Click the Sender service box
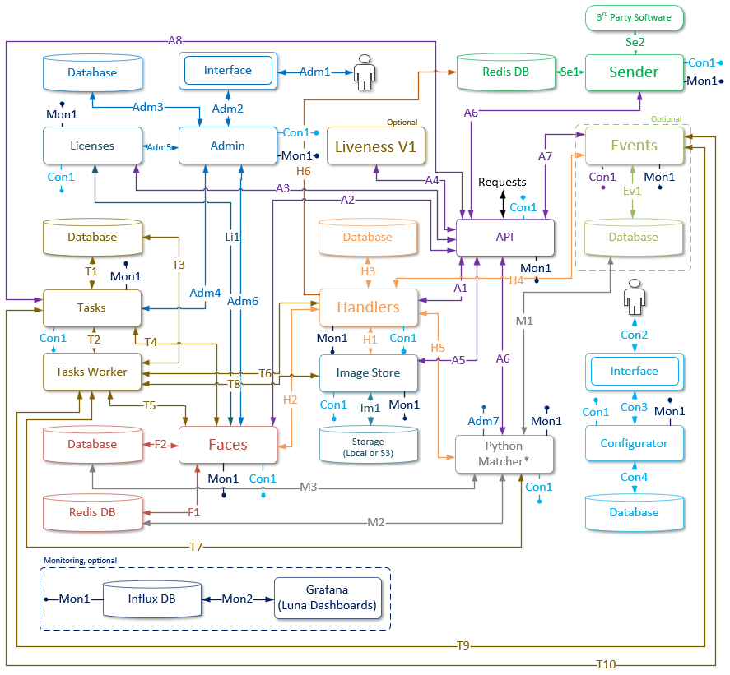point(634,72)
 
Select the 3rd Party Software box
point(634,17)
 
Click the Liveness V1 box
point(376,146)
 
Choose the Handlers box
point(368,307)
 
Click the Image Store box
point(368,372)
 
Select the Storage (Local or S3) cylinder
point(368,446)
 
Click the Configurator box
point(634,443)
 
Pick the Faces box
point(228,444)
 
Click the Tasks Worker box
point(91,372)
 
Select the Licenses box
point(91,146)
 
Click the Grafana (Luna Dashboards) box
point(328,598)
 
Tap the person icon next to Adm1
point(362,72)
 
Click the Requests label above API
point(502,182)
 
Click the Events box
point(634,146)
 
